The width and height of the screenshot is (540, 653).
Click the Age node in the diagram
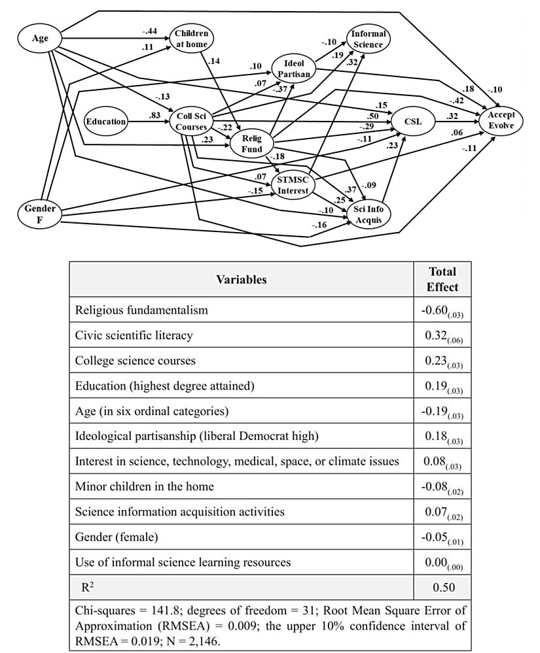(x=40, y=39)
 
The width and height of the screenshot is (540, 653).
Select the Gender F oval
(x=39, y=214)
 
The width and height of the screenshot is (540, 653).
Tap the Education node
(x=106, y=122)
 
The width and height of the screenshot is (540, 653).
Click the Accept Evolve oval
(x=501, y=120)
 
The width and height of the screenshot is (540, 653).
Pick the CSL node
(x=413, y=122)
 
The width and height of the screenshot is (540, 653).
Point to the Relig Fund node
(x=252, y=144)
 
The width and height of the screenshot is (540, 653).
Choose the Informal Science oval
(x=369, y=39)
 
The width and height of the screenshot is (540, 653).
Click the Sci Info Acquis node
(x=369, y=214)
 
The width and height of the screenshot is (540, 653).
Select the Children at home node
(x=191, y=39)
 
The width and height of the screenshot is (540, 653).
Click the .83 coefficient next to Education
(x=155, y=115)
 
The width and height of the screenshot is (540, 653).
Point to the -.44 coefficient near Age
(x=149, y=31)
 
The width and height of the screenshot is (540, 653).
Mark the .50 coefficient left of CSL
(x=374, y=116)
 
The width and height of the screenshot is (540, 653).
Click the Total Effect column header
(x=442, y=279)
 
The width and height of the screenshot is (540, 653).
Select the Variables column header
(x=242, y=279)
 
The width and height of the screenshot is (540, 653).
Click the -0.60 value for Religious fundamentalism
(x=442, y=310)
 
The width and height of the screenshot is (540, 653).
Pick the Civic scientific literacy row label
(x=134, y=335)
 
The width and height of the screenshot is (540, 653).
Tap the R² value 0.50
(x=443, y=587)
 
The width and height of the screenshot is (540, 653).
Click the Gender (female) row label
(x=117, y=537)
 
